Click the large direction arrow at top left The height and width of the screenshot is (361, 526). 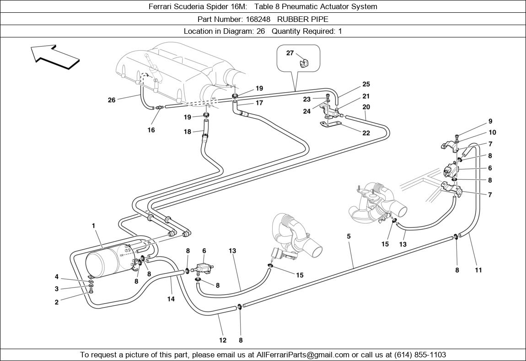coord(55,57)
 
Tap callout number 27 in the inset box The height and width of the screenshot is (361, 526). coord(290,53)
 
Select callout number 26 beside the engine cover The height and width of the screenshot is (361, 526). coord(112,100)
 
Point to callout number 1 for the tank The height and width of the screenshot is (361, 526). coord(93,225)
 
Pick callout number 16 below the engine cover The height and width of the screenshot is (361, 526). coord(151,130)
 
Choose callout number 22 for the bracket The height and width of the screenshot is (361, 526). coord(366,133)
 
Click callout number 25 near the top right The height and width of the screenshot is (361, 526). coord(366,84)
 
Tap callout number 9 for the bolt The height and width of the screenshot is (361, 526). coord(490,121)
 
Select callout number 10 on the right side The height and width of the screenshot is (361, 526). coord(492,133)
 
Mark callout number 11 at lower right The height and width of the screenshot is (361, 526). coord(478,270)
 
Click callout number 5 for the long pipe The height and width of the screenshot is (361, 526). coord(349,236)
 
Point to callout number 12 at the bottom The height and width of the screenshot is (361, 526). coord(223,340)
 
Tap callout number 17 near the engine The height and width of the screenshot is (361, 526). coord(259,103)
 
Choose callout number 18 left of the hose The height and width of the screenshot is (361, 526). coord(188,132)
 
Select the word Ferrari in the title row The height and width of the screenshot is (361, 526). coord(161,6)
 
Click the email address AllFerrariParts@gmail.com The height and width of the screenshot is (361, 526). coord(303,355)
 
